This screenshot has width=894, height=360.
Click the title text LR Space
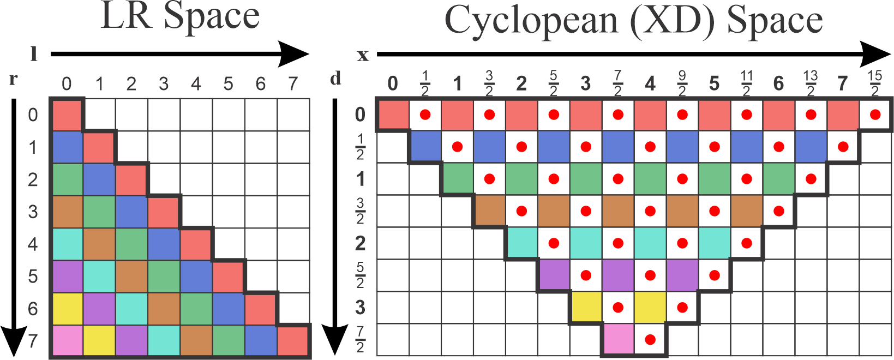[180, 16]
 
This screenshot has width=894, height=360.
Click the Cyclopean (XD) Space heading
[633, 21]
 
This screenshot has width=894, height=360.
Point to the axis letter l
[34, 54]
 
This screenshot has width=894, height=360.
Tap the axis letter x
[363, 55]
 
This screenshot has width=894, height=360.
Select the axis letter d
[335, 79]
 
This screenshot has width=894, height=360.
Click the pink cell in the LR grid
[67, 340]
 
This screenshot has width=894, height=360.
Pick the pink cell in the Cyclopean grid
[618, 339]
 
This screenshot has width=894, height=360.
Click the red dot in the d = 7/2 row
[650, 339]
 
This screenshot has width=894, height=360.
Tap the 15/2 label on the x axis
[874, 83]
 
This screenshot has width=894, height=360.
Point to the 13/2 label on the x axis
[811, 83]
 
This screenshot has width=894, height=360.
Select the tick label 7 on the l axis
[293, 83]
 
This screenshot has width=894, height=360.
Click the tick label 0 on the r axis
[33, 115]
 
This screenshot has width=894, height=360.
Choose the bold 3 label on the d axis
[360, 308]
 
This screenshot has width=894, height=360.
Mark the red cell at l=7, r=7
[293, 340]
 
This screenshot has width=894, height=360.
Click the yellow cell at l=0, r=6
[67, 308]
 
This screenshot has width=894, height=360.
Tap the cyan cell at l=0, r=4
[67, 244]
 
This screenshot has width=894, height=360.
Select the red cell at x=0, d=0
[393, 115]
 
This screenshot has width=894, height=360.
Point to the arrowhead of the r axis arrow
[13, 341]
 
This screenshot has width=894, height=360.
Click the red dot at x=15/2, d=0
[875, 115]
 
